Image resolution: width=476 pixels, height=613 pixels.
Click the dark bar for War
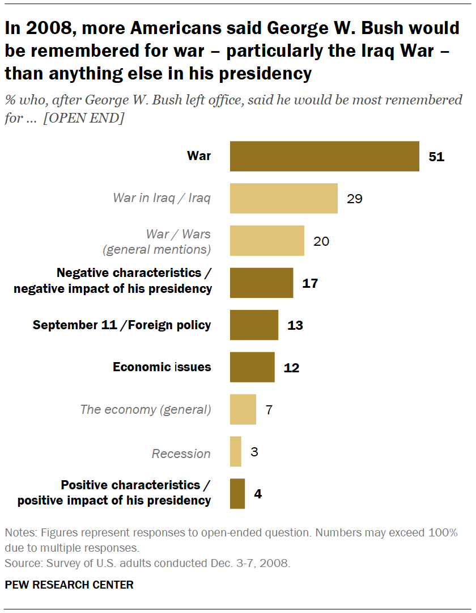pos(324,156)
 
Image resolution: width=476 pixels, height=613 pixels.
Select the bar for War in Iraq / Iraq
pos(283,198)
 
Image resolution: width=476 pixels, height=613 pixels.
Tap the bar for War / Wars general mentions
pos(267,241)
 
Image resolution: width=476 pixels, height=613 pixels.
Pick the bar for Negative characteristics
pos(261,283)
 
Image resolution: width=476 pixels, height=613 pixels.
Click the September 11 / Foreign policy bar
pos(254,325)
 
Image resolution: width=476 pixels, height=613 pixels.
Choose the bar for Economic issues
pos(252,367)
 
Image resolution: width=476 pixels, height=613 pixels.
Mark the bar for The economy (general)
pos(243,409)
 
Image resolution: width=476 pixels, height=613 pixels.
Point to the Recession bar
pos(235,452)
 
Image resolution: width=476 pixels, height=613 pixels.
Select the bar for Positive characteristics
pos(237,494)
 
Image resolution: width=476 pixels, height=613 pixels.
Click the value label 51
pos(436,157)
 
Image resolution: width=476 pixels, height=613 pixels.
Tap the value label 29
pos(355,199)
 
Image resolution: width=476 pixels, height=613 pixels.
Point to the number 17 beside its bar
pos(310,283)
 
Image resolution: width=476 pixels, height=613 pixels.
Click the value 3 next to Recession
pos(254,452)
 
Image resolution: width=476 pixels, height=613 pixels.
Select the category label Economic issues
pos(161,367)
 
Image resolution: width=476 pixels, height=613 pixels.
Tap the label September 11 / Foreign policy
pos(122,325)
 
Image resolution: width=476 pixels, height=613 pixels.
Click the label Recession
pos(181,454)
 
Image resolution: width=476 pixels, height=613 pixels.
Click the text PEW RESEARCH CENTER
pos(69,585)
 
